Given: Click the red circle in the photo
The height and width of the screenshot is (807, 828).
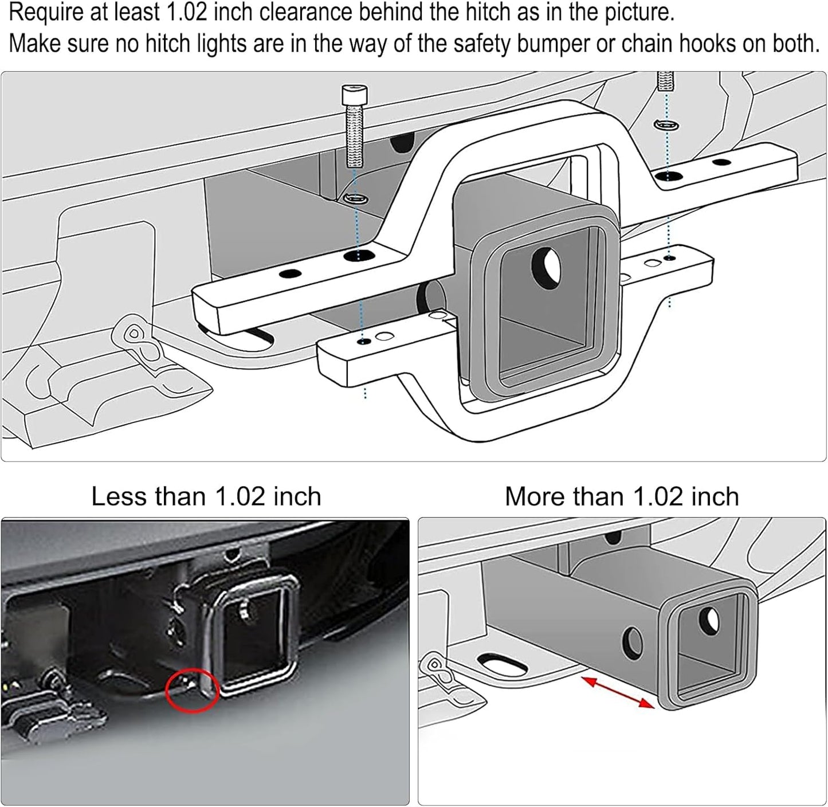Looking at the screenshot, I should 193,691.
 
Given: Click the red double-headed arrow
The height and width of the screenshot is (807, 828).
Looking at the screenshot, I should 618,692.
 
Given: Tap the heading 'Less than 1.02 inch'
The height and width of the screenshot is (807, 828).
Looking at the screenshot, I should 206,496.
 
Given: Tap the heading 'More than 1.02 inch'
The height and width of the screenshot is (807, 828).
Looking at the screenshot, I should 622,496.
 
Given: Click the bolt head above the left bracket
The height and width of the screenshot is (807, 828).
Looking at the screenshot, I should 354,94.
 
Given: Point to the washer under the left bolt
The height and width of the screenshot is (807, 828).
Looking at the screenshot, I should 355,199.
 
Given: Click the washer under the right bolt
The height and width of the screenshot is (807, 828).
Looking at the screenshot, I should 666,124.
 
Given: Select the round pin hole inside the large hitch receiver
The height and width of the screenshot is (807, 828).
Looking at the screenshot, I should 547,266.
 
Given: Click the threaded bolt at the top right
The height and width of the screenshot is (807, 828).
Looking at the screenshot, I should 666,80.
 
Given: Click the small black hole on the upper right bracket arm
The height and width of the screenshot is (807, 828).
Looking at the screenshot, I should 721,162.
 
